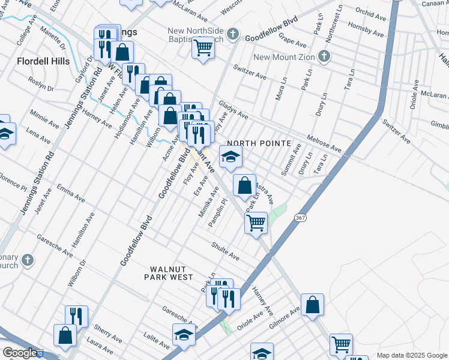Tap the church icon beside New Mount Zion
pyautogui.click(x=324, y=57)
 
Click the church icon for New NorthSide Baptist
pyautogui.click(x=234, y=34)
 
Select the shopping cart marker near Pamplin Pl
pyautogui.click(x=256, y=223)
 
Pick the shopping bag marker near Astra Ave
pyautogui.click(x=244, y=185)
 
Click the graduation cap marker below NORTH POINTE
pyautogui.click(x=231, y=157)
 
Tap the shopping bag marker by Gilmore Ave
pyautogui.click(x=313, y=305)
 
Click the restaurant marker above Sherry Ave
pyautogui.click(x=76, y=316)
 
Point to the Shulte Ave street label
pyautogui.click(x=225, y=251)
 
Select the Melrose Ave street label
pyautogui.click(x=325, y=143)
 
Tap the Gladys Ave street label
pyautogui.click(x=234, y=109)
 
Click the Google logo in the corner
pyautogui.click(x=19, y=353)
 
